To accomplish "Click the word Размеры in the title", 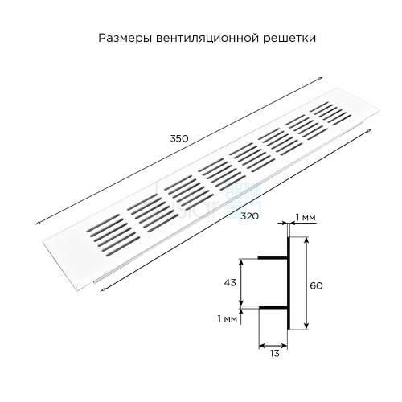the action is point(125,38).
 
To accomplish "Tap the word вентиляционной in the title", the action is point(207,39).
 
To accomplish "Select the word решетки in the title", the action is point(289,39).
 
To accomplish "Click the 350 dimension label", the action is point(179,138).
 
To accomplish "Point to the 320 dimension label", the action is point(249,215).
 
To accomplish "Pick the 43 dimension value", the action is point(230,282).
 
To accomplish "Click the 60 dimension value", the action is point(316,285).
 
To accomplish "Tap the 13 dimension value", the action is point(275,354).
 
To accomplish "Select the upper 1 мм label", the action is point(306,218).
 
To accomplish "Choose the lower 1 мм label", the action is point(228,318).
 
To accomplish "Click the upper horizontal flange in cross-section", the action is point(273,258).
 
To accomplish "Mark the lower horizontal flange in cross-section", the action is point(273,308).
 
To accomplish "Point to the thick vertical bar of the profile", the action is point(289,283).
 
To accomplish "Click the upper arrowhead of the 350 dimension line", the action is point(320,78).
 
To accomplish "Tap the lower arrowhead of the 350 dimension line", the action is point(38,223).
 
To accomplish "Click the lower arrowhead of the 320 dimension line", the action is point(102,289).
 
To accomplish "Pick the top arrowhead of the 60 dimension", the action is point(306,240).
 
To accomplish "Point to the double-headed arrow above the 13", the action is point(273,345).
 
